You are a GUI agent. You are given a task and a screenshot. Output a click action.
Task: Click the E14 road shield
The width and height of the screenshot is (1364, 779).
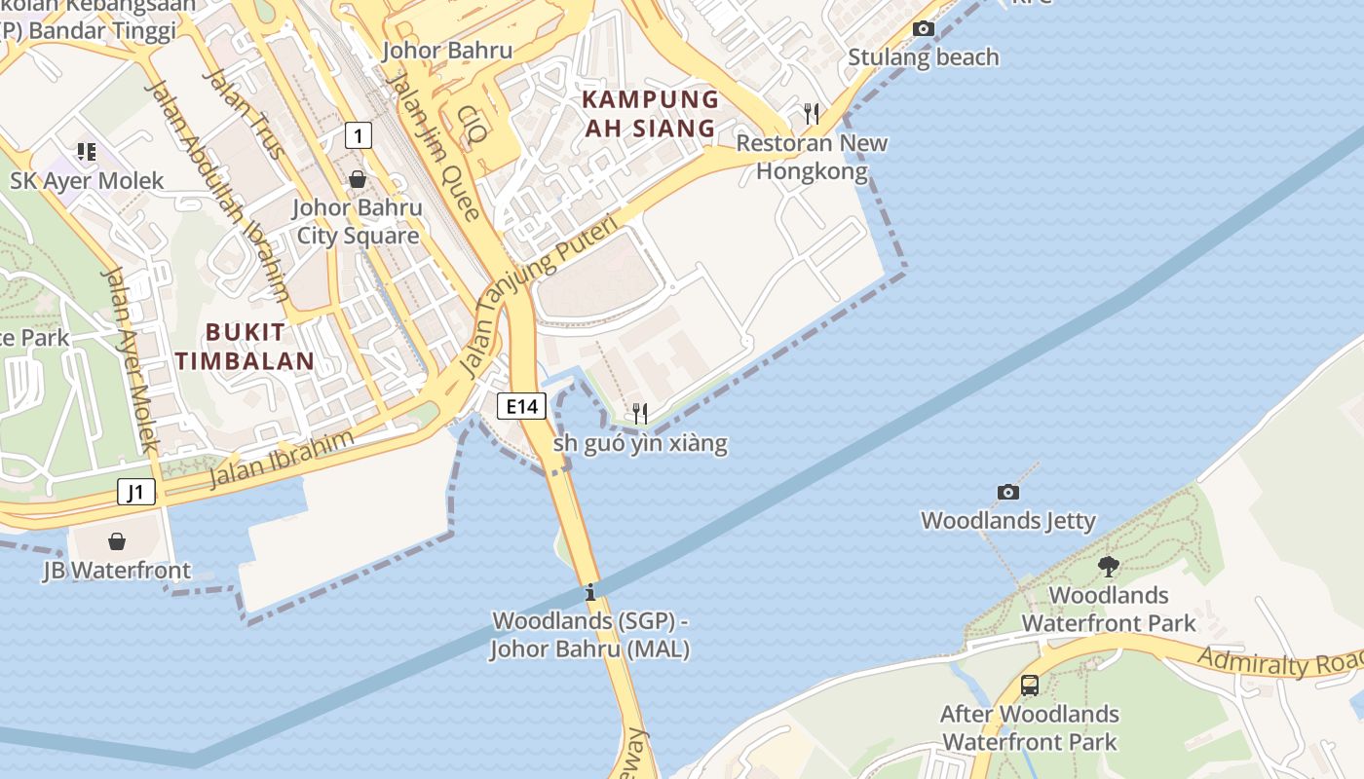tap(521, 406)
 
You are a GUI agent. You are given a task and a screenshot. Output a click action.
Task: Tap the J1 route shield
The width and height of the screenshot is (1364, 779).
tap(136, 492)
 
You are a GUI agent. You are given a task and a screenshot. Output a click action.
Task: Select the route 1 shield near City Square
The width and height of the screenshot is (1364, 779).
tap(359, 135)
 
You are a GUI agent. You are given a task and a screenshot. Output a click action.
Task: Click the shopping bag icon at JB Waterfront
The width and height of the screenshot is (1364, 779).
tap(117, 541)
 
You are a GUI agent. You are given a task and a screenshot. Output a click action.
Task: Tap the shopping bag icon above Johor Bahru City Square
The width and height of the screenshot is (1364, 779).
tap(358, 179)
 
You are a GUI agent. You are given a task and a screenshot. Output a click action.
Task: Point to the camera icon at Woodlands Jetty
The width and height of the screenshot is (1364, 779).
tap(1008, 493)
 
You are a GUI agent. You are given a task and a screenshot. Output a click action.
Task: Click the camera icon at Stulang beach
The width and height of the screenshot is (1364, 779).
tap(923, 29)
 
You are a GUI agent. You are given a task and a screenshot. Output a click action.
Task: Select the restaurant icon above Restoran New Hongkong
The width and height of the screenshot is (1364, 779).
tap(811, 114)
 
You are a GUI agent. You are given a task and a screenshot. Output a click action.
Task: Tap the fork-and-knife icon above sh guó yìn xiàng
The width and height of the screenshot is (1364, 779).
tap(640, 414)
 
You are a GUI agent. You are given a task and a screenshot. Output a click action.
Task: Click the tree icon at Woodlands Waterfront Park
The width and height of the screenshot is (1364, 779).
tap(1108, 566)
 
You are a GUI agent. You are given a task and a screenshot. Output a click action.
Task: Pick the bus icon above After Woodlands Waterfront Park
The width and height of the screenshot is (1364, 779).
tap(1030, 686)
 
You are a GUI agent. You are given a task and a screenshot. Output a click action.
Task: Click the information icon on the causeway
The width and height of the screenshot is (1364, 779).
tap(589, 592)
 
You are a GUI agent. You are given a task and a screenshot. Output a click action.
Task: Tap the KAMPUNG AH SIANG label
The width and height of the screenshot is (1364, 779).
tap(650, 113)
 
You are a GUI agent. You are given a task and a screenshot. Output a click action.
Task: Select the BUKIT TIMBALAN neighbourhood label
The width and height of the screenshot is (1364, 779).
tap(246, 346)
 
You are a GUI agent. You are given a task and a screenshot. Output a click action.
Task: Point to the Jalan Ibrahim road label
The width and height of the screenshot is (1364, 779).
tap(281, 459)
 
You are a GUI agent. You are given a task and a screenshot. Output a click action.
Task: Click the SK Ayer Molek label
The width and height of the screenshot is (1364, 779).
tap(88, 181)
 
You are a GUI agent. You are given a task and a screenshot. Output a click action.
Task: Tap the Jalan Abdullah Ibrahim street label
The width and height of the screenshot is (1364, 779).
tap(216, 191)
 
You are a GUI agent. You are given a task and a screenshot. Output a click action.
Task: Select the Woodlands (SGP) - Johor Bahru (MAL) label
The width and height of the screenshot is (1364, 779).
tap(589, 635)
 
